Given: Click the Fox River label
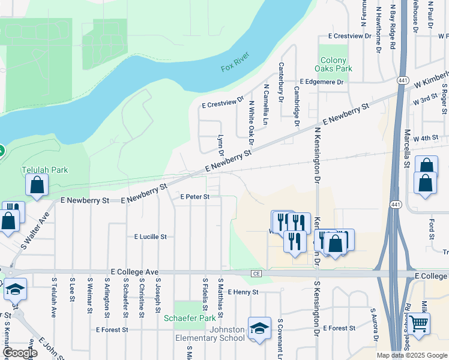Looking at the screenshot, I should click(x=234, y=67).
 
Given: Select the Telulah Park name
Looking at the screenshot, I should click(x=45, y=170).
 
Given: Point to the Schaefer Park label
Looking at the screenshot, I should click(x=189, y=318).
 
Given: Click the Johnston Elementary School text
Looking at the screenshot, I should click(x=226, y=334).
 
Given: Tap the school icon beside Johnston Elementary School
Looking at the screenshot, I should click(x=259, y=328).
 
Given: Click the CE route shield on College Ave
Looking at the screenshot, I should click(x=257, y=273).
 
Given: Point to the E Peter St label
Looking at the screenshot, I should click(x=195, y=197).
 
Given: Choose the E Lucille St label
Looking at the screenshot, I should click(x=150, y=237).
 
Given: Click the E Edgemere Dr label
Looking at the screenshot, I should click(x=322, y=82).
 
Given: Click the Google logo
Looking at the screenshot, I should click(x=20, y=353).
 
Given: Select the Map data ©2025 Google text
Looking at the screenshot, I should click(x=411, y=355).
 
